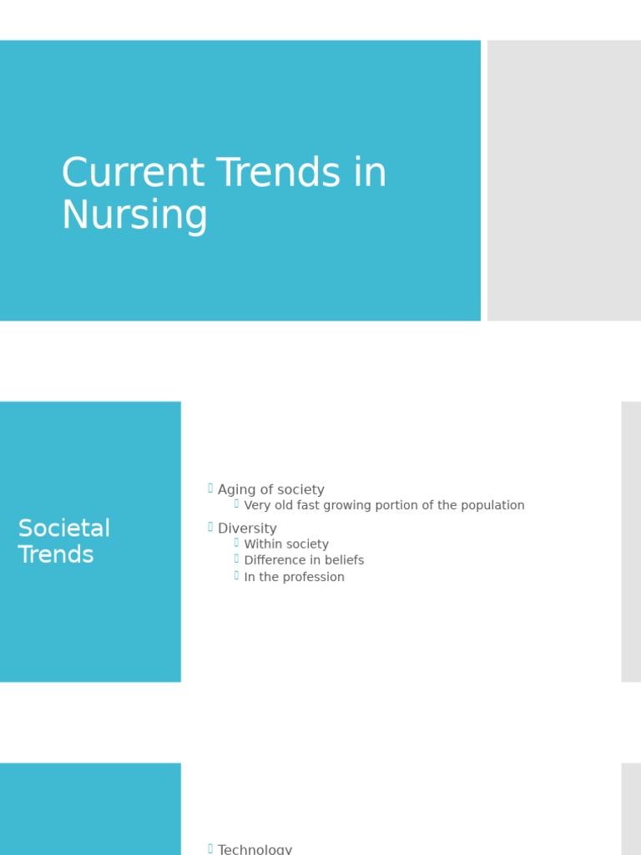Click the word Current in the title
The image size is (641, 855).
coord(133,174)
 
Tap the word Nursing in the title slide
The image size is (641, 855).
coord(134,215)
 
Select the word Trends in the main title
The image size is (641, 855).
coord(279,174)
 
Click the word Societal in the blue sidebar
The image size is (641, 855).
coord(64,529)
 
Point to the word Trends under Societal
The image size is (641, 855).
coord(56,555)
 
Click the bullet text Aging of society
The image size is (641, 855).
coord(270,490)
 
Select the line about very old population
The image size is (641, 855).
coord(384,506)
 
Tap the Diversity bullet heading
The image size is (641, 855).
coord(247,529)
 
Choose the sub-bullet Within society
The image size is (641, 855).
coord(286,544)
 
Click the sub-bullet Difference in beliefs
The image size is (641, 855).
coord(304,560)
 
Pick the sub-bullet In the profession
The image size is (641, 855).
coord(294,577)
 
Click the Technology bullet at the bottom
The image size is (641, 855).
coord(255,849)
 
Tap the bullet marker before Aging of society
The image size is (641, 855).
coord(210,488)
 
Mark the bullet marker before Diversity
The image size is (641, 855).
coord(210,527)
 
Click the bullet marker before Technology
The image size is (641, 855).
coord(210,848)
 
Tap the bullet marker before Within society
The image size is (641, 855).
coord(236,543)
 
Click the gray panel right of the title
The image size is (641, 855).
coord(564,180)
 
